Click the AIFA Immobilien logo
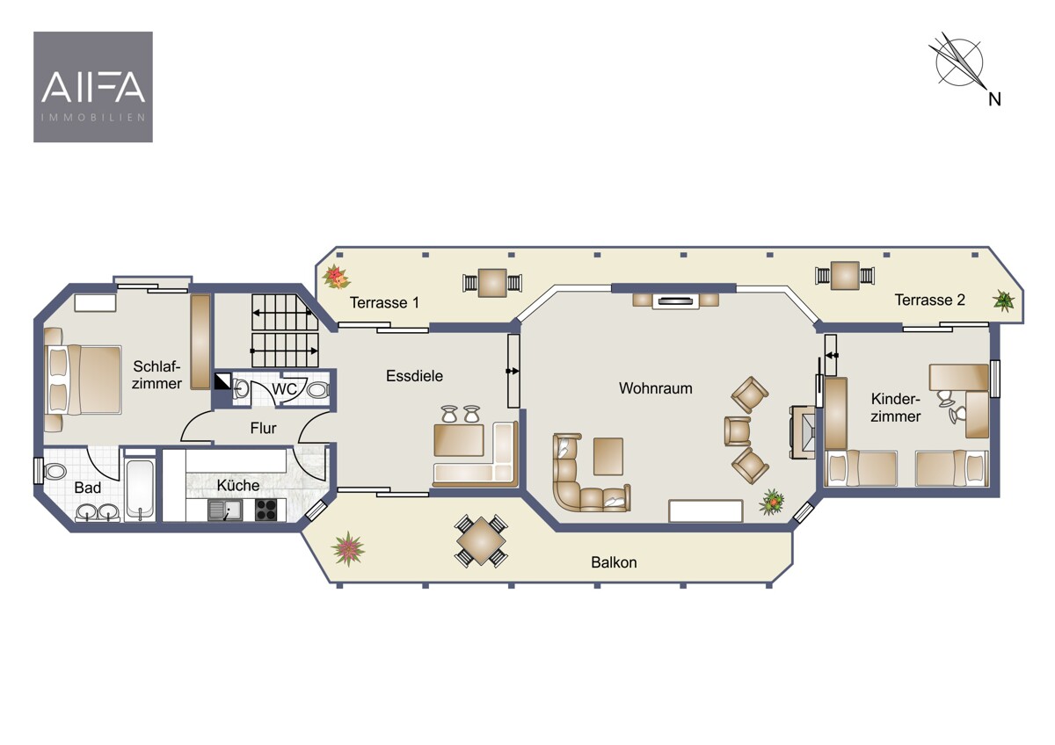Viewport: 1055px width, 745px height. [93, 87]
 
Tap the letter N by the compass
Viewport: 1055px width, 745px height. [994, 99]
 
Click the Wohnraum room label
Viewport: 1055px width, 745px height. [656, 388]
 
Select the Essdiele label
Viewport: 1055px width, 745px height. [414, 375]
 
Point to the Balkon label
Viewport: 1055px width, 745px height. [614, 562]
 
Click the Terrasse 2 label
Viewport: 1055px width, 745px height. [930, 300]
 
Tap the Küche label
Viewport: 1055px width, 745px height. [238, 485]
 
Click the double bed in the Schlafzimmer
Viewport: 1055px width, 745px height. [83, 380]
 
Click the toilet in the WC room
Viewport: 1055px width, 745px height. [318, 390]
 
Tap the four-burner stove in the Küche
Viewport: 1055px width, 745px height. [266, 510]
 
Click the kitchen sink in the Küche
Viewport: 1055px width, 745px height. [225, 510]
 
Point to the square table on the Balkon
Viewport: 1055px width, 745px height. [481, 541]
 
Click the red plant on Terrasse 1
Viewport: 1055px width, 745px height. [336, 277]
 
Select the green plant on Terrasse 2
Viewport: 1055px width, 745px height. [1003, 300]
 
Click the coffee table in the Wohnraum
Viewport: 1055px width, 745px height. [608, 456]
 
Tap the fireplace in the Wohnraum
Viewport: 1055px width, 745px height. [803, 432]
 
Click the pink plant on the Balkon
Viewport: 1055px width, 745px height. [347, 548]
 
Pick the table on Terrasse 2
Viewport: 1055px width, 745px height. [845, 275]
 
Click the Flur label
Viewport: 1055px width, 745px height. [263, 428]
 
